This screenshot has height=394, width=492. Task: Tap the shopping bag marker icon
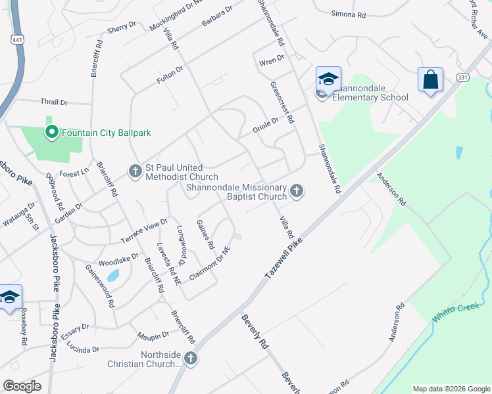click(x=430, y=80)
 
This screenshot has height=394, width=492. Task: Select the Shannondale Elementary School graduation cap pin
click(x=328, y=80)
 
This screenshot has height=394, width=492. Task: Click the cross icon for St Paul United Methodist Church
click(x=135, y=171)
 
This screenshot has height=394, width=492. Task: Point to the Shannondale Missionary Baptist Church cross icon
click(x=297, y=191)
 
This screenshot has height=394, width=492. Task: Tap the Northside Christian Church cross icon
click(x=190, y=359)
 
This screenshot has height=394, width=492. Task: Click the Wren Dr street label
click(x=272, y=59)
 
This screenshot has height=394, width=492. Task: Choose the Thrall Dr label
click(x=54, y=102)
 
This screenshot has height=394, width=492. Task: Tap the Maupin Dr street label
click(x=154, y=336)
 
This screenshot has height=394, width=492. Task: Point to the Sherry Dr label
click(x=121, y=27)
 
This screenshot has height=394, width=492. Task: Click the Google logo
click(x=22, y=386)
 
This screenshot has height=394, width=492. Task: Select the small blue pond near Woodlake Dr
click(x=114, y=275)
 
